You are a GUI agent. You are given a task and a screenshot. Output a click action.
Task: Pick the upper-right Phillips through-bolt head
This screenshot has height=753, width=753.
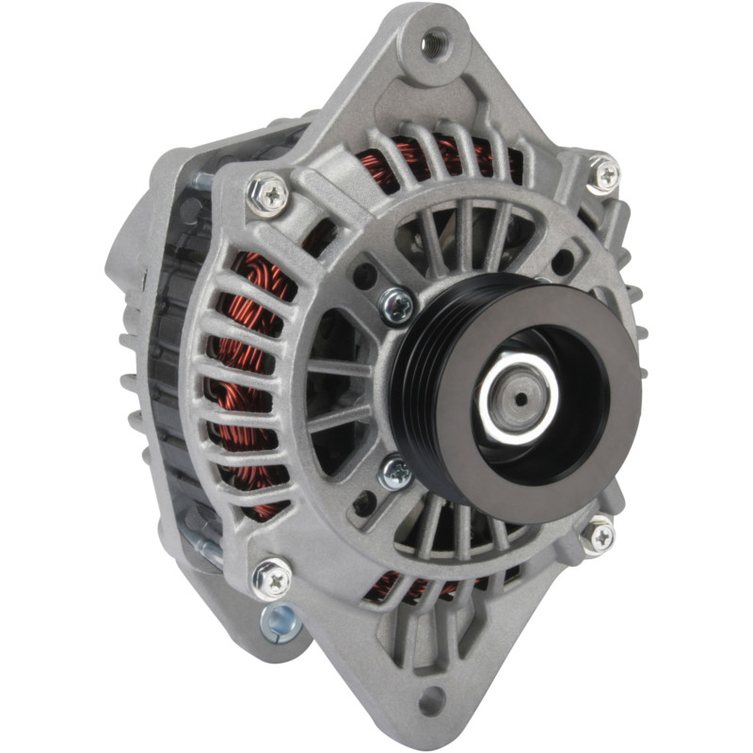coord(603,174)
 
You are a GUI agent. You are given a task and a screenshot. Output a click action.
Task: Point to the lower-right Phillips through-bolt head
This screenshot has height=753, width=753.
coord(599,536)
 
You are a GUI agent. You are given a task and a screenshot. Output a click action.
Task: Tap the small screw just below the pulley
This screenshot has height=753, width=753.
coord(396,470)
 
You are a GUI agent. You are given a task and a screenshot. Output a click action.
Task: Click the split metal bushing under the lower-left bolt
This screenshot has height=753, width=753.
coord(280,621)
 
